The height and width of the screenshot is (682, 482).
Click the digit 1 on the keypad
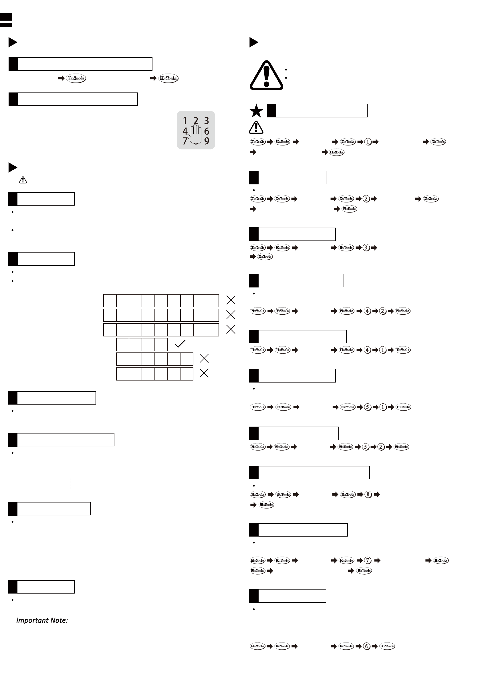[185, 121]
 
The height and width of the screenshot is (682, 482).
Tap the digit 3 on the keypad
[207, 121]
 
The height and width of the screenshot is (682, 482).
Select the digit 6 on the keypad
[207, 131]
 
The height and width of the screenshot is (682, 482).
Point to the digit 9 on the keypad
[207, 141]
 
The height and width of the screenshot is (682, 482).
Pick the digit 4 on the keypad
[185, 131]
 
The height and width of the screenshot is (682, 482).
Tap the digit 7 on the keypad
[185, 141]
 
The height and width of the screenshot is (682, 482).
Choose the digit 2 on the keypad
[196, 121]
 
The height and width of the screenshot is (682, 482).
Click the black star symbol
[256, 111]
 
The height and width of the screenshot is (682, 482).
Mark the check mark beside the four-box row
[180, 344]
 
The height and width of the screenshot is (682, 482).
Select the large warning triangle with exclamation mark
[266, 76]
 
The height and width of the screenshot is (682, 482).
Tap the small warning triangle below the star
[256, 127]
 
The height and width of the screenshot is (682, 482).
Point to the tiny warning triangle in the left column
[23, 180]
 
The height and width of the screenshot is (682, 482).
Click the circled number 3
[366, 247]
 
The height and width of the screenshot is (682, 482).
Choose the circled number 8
[368, 494]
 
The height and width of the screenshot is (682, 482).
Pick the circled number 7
[368, 561]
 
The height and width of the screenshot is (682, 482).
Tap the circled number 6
[366, 646]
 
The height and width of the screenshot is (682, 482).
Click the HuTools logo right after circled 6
[387, 646]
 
